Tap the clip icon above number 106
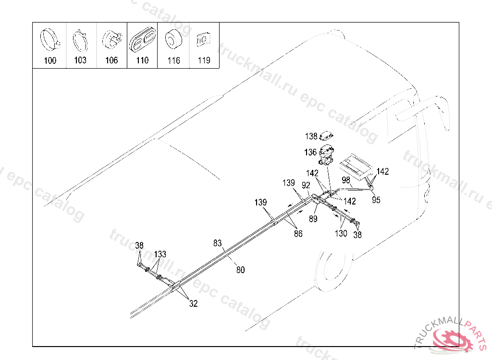[111, 39]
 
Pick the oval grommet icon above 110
[142, 39]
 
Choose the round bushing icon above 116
[174, 39]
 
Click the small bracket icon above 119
[203, 39]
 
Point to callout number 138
[311, 136]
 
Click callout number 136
[310, 153]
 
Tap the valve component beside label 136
[326, 155]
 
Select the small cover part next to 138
[326, 136]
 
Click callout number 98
[346, 180]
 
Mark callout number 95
[376, 200]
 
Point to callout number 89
[313, 219]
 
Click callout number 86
[298, 234]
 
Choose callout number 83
[218, 243]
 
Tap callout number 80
[240, 270]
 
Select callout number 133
[160, 254]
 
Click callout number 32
[193, 303]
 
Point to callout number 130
[341, 234]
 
